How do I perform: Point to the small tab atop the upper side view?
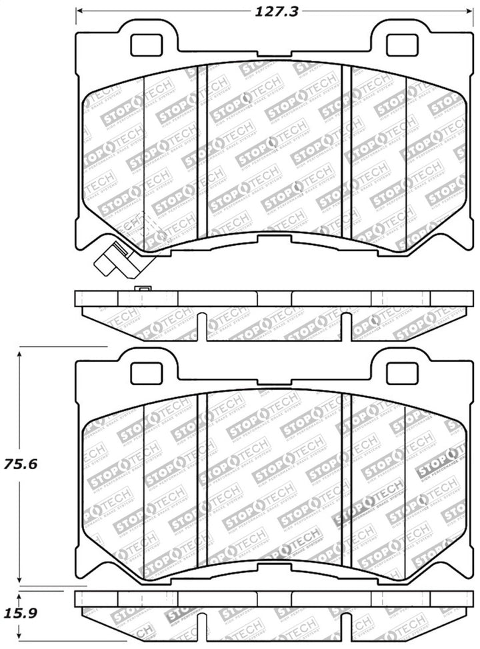pyautogui.click(x=141, y=289)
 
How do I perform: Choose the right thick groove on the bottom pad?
pyautogui.click(x=346, y=478)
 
